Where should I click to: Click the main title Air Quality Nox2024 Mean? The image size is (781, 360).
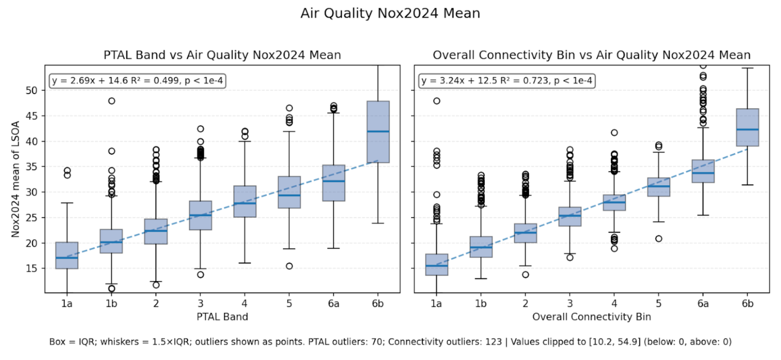(x=390, y=13)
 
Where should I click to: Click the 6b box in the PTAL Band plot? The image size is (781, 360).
(x=378, y=132)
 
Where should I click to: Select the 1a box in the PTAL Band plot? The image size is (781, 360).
(x=67, y=255)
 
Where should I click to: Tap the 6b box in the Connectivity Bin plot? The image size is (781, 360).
(x=747, y=127)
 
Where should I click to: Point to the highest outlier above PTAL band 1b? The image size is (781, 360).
(x=111, y=101)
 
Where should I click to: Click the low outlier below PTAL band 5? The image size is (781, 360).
(x=289, y=266)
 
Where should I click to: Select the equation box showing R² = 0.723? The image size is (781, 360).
(x=507, y=81)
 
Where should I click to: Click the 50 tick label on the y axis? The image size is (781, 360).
(x=31, y=90)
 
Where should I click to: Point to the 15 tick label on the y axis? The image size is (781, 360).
(x=31, y=268)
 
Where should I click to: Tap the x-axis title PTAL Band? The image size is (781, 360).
(x=222, y=317)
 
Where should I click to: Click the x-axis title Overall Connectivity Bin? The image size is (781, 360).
(x=591, y=317)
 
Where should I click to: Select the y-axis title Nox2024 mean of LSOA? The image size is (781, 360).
(x=15, y=179)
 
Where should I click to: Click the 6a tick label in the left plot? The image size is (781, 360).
(x=333, y=304)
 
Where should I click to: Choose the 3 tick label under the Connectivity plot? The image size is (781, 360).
(x=570, y=304)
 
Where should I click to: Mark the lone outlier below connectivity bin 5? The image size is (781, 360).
(x=659, y=238)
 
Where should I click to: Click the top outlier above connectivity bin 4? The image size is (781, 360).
(x=614, y=133)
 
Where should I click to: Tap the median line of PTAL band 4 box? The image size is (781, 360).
(x=245, y=203)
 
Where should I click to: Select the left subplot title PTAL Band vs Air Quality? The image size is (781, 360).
(x=222, y=55)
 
